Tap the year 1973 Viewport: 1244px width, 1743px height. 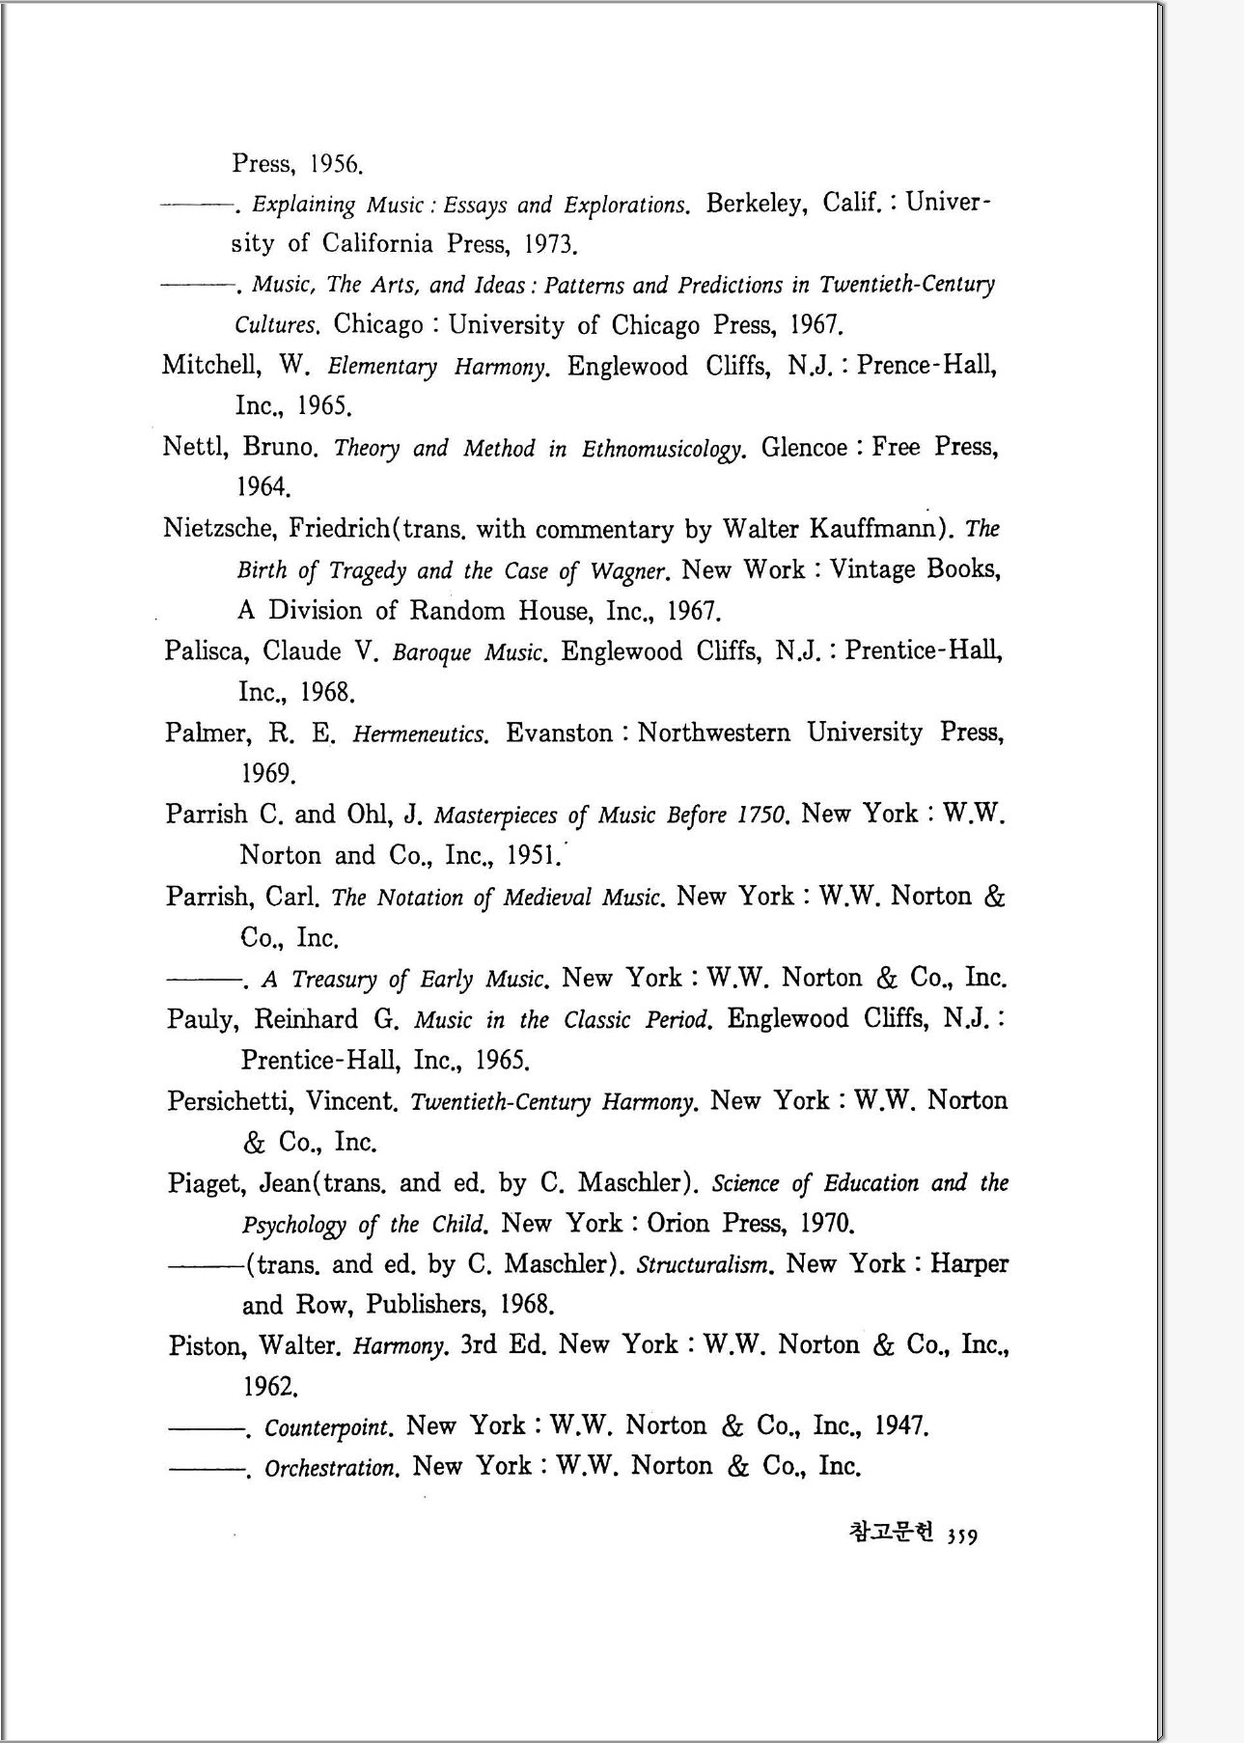click(x=550, y=244)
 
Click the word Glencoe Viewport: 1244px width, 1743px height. click(x=805, y=448)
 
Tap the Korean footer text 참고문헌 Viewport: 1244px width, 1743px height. click(x=891, y=1533)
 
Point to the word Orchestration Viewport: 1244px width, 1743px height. click(x=331, y=1468)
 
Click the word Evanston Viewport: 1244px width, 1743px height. click(x=560, y=733)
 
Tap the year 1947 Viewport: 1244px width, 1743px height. click(x=901, y=1426)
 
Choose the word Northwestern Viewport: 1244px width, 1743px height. click(x=714, y=733)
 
